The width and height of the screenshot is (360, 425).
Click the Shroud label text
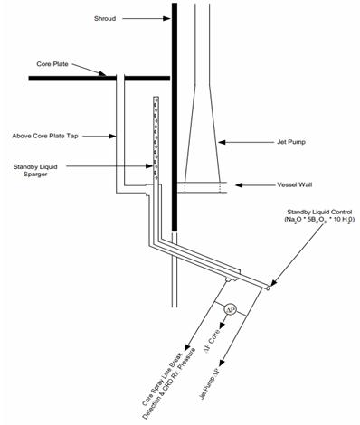pyautogui.click(x=105, y=19)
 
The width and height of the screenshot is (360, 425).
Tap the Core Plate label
pyautogui.click(x=52, y=64)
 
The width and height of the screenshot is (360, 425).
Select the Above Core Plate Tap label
pyautogui.click(x=45, y=136)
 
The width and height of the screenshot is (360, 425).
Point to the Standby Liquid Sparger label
pyautogui.click(x=35, y=170)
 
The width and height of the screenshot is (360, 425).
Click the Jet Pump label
pyautogui.click(x=291, y=142)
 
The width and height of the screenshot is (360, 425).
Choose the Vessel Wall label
pyautogui.click(x=294, y=184)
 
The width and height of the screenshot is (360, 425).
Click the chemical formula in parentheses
pyautogui.click(x=318, y=220)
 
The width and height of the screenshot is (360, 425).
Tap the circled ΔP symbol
pyautogui.click(x=230, y=309)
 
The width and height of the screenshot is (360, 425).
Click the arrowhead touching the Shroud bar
pyautogui.click(x=166, y=19)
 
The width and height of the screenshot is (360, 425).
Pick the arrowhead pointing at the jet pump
pyautogui.click(x=222, y=142)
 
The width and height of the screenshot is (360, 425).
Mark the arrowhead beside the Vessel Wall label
pyautogui.click(x=239, y=185)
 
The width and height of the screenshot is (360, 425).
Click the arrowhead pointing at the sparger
pyautogui.click(x=149, y=165)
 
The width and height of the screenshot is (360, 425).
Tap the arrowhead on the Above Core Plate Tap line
pyautogui.click(x=113, y=137)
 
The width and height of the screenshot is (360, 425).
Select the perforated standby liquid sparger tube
pyautogui.click(x=156, y=138)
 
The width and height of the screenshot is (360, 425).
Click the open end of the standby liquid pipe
pyautogui.click(x=268, y=288)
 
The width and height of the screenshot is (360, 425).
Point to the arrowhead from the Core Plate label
pyautogui.click(x=103, y=73)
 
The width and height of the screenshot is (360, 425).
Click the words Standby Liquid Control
pyautogui.click(x=319, y=212)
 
